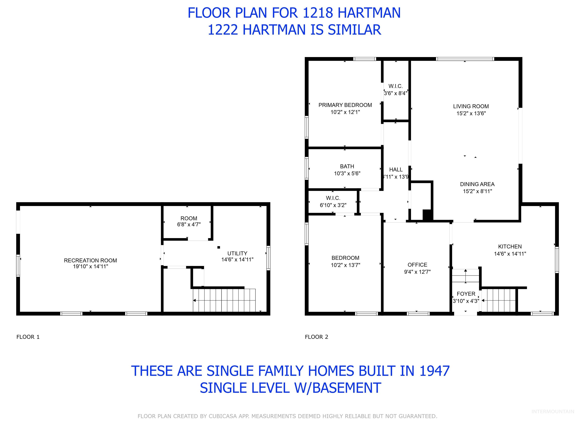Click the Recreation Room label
[90, 260]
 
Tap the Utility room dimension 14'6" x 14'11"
[237, 259]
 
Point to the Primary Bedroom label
[345, 105]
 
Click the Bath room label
[347, 166]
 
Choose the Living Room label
[471, 106]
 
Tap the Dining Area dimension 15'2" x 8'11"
[477, 191]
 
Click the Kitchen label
[510, 247]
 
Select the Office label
[417, 265]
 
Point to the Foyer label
[466, 294]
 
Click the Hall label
[396, 170]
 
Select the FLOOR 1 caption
[28, 337]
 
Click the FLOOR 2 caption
[316, 337]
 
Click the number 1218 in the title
[318, 13]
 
